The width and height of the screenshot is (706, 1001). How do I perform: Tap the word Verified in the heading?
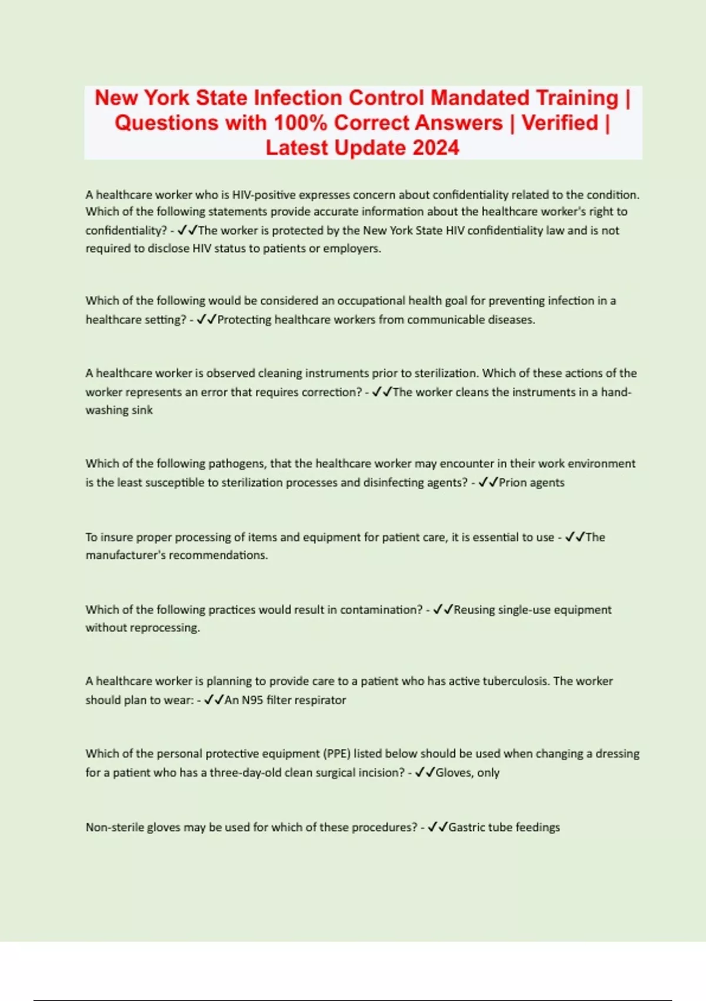tap(560, 123)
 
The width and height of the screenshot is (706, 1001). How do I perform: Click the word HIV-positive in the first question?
tap(264, 195)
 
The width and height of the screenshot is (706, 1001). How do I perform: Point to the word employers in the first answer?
tap(351, 248)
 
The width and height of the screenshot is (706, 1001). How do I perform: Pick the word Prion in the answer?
tap(512, 483)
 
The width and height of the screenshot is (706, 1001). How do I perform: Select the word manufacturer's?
tap(125, 555)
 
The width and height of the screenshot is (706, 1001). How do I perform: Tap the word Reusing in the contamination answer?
tap(474, 610)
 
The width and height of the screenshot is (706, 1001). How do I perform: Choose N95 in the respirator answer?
tap(252, 700)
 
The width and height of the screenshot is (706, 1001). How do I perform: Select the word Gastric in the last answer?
tap(467, 827)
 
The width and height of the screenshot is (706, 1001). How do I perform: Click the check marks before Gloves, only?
tap(424, 773)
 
